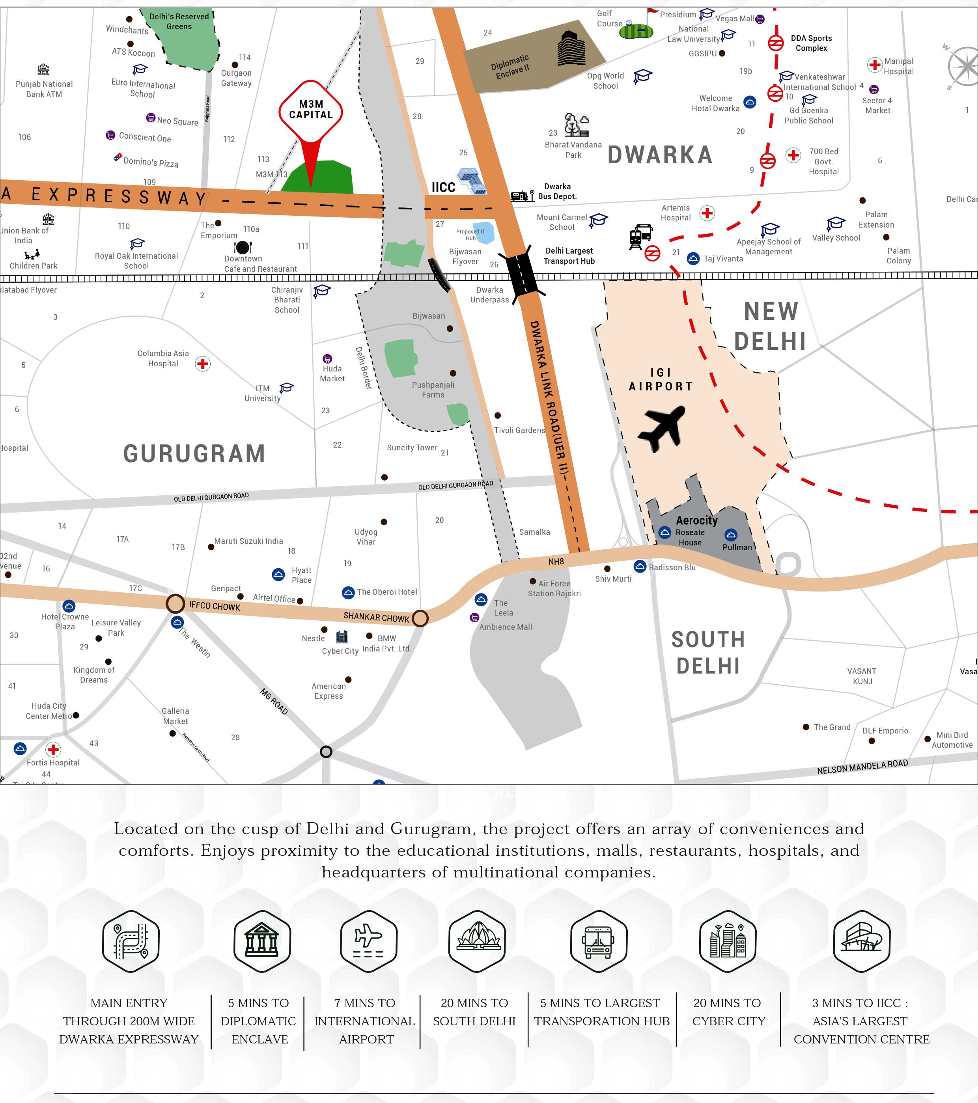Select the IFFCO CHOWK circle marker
(x=175, y=603)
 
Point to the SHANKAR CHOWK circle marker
(x=420, y=618)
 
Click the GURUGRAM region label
(x=194, y=453)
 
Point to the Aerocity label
(x=697, y=520)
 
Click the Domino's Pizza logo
(x=118, y=157)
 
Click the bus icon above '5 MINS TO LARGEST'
(x=599, y=941)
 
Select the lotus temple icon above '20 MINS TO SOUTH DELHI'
(x=477, y=941)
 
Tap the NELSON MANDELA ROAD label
(x=862, y=767)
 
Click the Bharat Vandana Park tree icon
(x=577, y=125)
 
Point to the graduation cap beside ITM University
(x=287, y=388)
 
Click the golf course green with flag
(x=636, y=31)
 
